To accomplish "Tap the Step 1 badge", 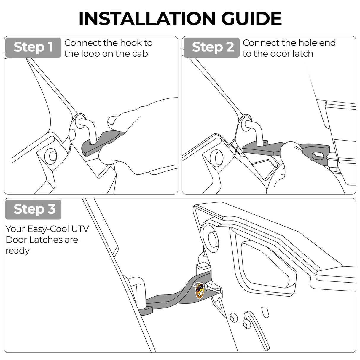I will (33, 47).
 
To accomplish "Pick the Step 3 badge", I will (34, 209).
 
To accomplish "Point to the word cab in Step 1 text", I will (140, 54).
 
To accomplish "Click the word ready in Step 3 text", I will (17, 251).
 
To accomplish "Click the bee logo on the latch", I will (199, 290).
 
